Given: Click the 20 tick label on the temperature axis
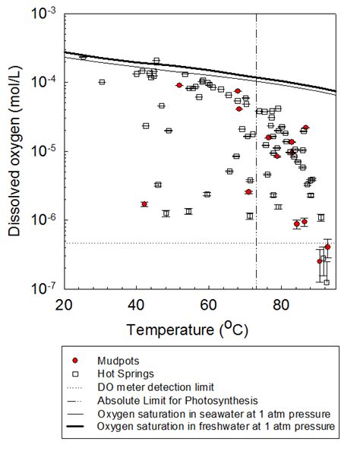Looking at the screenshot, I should click(64, 304).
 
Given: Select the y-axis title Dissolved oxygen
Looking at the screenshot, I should click(16, 152).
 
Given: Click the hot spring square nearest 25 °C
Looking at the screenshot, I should click(83, 57).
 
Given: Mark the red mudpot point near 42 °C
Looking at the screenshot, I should click(144, 204).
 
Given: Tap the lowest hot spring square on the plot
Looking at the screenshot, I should click(327, 282).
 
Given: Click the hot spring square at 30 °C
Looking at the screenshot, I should click(102, 82).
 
